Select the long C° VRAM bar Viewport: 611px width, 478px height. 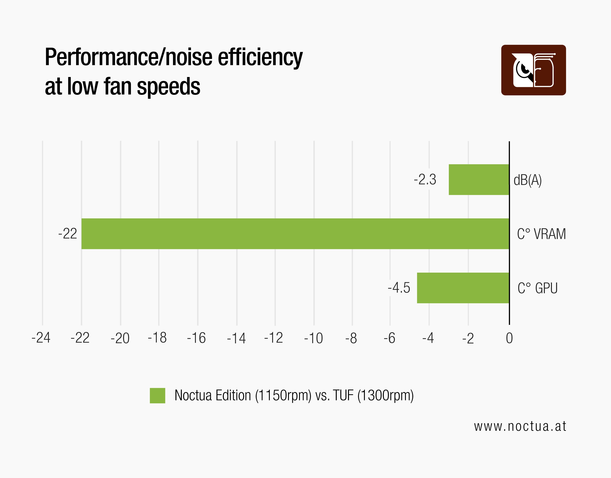[295, 234]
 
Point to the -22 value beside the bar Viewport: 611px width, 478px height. [67, 234]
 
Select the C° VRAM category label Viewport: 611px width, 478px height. [541, 234]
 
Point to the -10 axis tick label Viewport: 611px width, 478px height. [313, 338]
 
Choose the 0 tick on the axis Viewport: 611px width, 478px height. [509, 338]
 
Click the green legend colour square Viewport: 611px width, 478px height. [157, 395]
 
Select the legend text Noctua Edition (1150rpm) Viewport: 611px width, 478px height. [243, 395]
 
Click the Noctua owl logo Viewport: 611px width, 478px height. [533, 70]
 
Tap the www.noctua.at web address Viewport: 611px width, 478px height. [520, 426]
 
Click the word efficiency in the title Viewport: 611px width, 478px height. [260, 57]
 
